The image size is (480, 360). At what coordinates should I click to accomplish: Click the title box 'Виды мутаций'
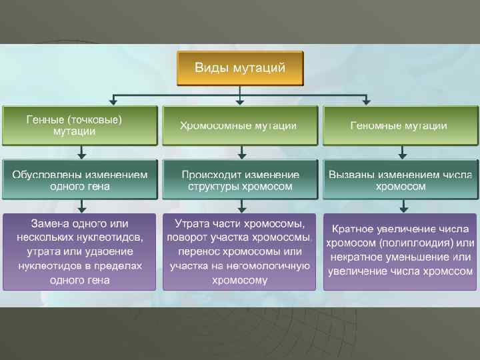[x=240, y=68]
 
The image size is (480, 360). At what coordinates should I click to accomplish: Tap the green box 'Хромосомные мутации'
[x=240, y=125]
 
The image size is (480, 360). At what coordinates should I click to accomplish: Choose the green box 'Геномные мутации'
[x=400, y=125]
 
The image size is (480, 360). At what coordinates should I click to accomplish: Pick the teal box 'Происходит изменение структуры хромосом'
[x=240, y=179]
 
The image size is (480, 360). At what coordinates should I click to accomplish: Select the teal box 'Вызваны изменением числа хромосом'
[x=400, y=179]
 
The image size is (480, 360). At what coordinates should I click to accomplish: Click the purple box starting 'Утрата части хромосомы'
[x=240, y=251]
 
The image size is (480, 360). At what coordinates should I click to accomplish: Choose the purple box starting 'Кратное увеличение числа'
[x=400, y=251]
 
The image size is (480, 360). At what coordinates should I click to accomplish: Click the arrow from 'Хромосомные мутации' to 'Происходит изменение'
[x=241, y=152]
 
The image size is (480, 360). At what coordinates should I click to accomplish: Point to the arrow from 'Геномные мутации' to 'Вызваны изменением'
[x=401, y=152]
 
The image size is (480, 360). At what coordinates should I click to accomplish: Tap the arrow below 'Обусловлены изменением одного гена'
[x=81, y=206]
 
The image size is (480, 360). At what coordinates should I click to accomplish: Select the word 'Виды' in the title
[x=209, y=68]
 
